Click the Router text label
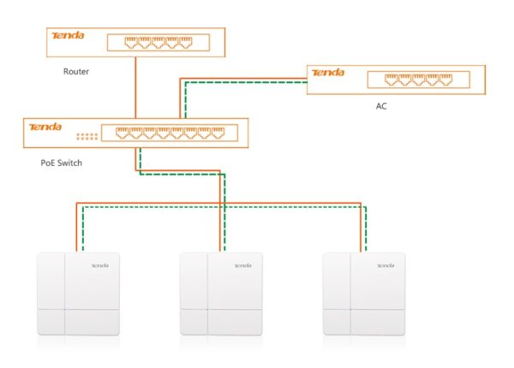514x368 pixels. (x=76, y=71)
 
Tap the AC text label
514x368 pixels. (x=381, y=106)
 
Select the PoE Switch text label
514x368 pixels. (x=62, y=163)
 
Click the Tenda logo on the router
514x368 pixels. (x=69, y=35)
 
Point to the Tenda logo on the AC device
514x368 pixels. (x=328, y=73)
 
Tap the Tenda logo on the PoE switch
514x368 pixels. (x=45, y=127)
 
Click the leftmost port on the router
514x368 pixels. (x=131, y=43)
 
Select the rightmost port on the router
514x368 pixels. (x=186, y=43)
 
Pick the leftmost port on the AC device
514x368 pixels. (x=391, y=80)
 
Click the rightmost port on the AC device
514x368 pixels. (x=445, y=80)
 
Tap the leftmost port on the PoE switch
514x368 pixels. (x=122, y=133)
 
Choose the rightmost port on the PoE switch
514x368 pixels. (x=218, y=133)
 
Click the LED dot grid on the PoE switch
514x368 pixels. (x=87, y=137)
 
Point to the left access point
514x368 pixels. (x=78, y=294)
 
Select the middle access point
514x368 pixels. (x=221, y=294)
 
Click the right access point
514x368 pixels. (x=364, y=294)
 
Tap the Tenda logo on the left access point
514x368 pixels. (x=100, y=265)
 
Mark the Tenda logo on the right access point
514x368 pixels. (x=385, y=265)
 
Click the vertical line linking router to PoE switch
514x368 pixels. (x=135, y=88)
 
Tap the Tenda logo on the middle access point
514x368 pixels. (x=243, y=265)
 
